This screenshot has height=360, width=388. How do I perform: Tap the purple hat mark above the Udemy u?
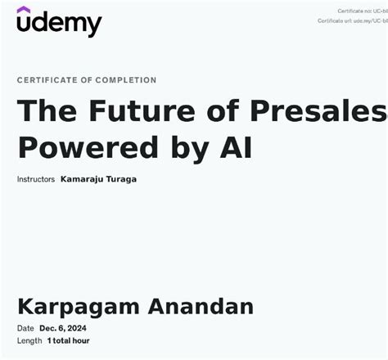[x=24, y=10]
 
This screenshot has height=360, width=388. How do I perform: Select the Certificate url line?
[x=352, y=20]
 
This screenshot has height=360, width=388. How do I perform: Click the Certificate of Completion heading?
[x=87, y=80]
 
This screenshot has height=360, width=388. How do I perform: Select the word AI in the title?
[x=236, y=147]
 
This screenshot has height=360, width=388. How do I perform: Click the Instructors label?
[x=36, y=179]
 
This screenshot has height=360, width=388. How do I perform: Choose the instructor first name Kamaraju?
[x=83, y=179]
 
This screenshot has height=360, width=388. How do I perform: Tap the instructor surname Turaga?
[x=122, y=179]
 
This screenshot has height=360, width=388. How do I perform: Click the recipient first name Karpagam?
[x=79, y=308]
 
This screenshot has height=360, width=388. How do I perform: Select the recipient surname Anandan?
[x=201, y=307]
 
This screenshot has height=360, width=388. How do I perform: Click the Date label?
[x=25, y=329]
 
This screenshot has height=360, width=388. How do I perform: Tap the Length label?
[x=29, y=340]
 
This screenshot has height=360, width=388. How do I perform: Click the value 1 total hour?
[x=69, y=340]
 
